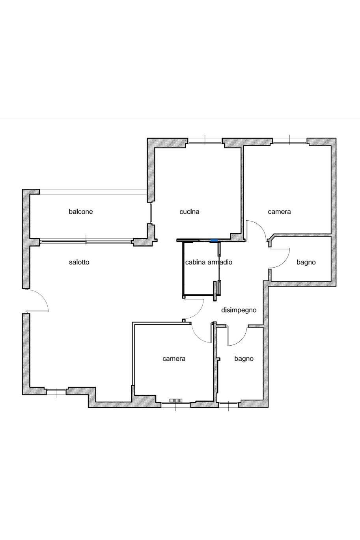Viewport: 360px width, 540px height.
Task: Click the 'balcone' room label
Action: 81,212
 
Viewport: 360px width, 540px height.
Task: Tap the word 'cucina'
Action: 190,212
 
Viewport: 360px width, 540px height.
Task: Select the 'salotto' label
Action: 79,262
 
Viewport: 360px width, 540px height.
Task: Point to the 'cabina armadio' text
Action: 209,262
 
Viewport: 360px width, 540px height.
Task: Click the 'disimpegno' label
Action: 239,310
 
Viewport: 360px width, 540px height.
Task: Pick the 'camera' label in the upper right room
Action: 279,212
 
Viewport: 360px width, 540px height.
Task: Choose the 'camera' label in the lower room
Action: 174,359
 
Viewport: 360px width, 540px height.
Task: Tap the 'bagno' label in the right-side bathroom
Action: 306,262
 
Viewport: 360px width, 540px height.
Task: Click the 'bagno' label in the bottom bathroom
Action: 244,359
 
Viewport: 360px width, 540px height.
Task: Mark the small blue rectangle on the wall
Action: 214,240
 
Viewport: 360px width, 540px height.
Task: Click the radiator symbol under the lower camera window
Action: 176,400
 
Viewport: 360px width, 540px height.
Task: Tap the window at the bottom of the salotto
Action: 56,392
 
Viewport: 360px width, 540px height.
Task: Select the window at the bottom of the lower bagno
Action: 229,405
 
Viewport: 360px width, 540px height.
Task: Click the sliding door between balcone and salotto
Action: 86,241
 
